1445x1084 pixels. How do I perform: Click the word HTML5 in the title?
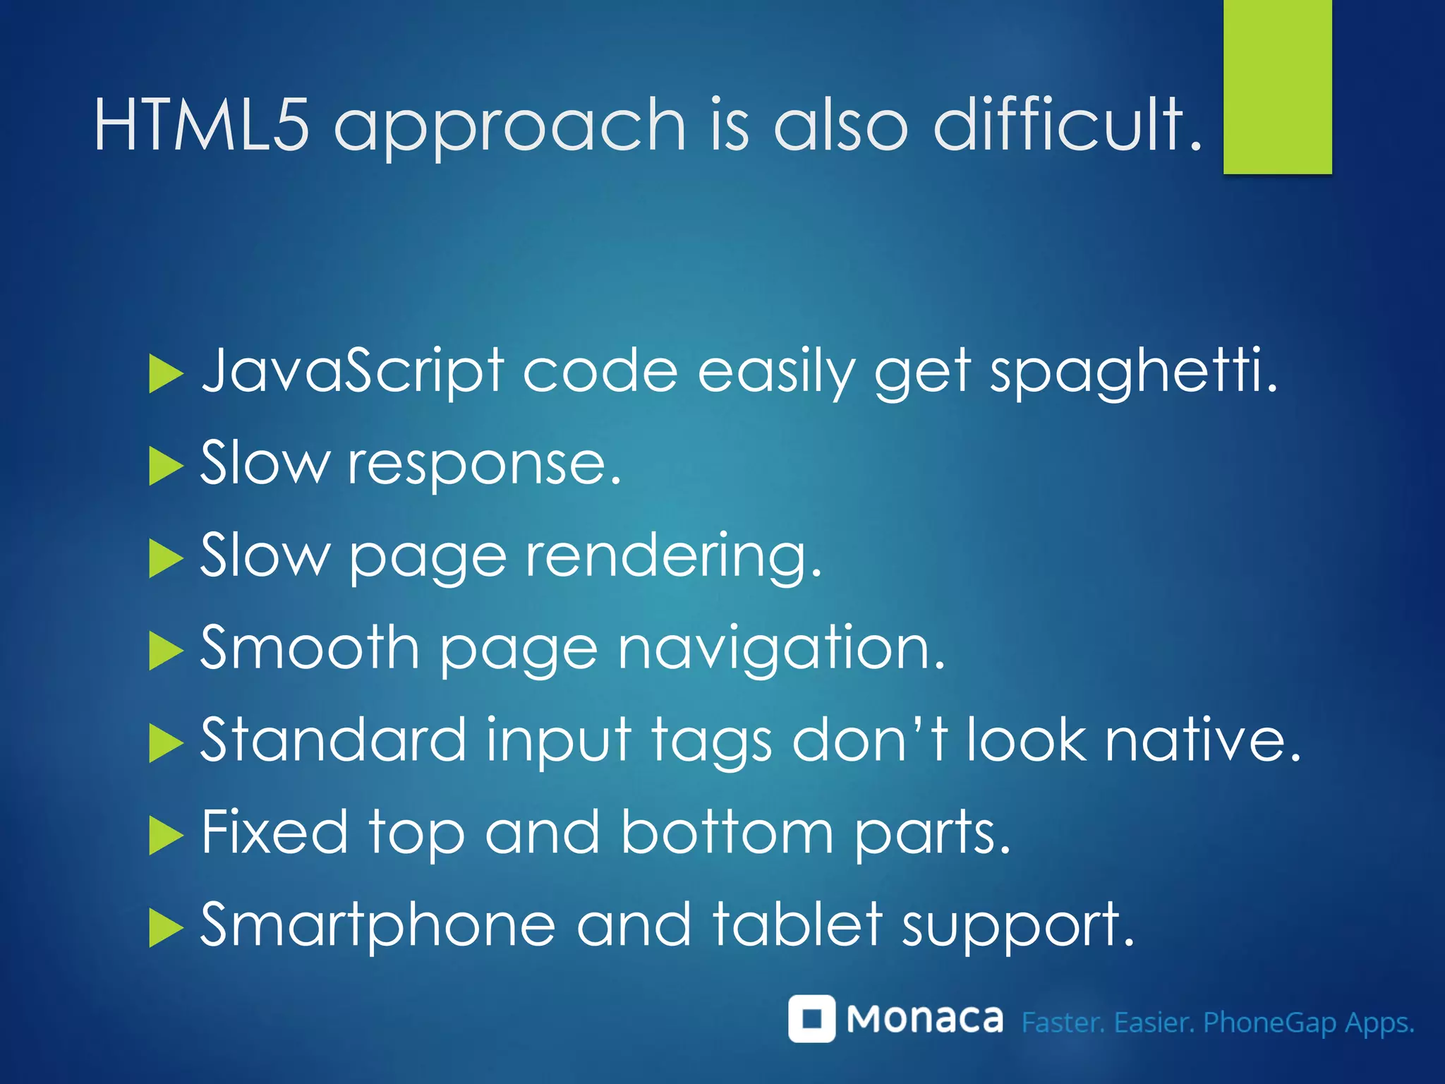tap(201, 125)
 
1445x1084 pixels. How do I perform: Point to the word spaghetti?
tap(1132, 371)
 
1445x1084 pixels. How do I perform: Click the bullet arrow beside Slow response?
tap(166, 466)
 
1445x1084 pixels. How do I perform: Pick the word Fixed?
tap(274, 832)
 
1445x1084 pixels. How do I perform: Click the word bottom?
tap(727, 832)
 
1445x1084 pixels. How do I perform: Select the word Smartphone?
tap(377, 925)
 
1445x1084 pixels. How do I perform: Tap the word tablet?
tap(797, 924)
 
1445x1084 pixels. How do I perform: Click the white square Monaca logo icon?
tap(811, 1018)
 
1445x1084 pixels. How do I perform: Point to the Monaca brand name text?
tap(924, 1019)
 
